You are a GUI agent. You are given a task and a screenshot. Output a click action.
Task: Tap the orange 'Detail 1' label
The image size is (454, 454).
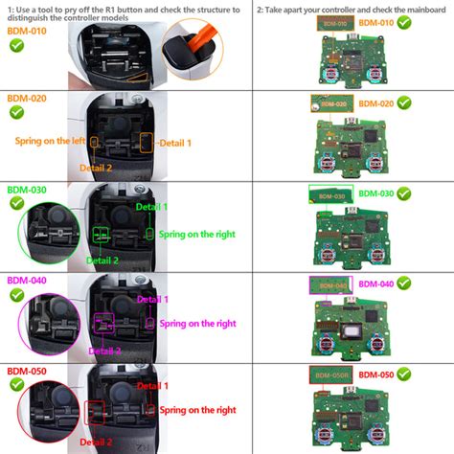tap(174, 143)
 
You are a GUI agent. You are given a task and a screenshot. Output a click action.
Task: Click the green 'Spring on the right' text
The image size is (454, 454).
tap(197, 234)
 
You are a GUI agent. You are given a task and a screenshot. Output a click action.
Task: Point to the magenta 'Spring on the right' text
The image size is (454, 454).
tap(197, 324)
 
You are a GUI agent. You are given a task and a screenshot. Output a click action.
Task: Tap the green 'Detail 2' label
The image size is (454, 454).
tap(102, 261)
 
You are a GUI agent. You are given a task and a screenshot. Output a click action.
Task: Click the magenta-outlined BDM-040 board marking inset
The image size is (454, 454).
tap(330, 284)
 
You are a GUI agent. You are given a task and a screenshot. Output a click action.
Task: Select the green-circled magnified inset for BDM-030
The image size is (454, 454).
tap(48, 235)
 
